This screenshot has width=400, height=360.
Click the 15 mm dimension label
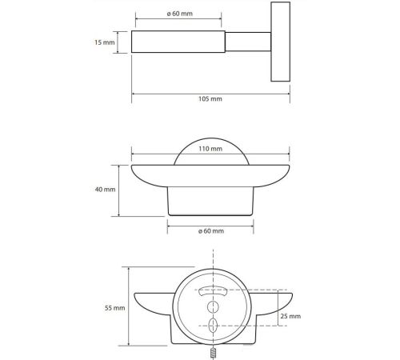coord(105,42)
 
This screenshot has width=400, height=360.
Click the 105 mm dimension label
coord(210,99)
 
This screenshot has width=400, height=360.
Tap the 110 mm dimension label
coord(210,149)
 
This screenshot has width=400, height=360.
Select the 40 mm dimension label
coord(105,190)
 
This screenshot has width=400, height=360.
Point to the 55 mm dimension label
coord(114,308)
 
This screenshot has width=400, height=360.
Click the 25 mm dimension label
coord(290,316)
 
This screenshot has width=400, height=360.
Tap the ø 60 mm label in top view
coord(180,14)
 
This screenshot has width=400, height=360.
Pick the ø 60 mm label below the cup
coord(211,231)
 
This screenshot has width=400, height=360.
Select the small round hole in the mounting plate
coord(213,306)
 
